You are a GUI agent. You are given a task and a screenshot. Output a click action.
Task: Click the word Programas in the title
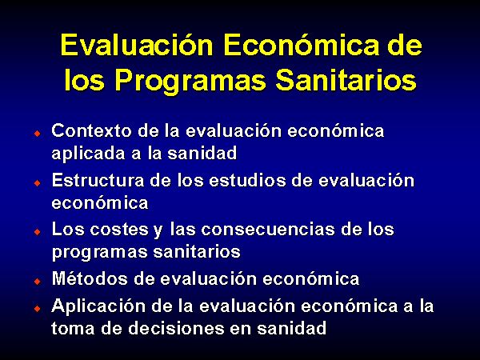[x=190, y=81]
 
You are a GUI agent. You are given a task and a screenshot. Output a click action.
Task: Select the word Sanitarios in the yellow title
[x=346, y=79]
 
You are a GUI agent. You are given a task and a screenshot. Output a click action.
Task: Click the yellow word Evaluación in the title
[x=137, y=45]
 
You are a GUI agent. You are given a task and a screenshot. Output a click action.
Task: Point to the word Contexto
[x=91, y=130]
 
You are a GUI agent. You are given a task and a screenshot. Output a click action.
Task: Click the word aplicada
[x=88, y=154]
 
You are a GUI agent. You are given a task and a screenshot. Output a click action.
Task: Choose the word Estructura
[x=98, y=180]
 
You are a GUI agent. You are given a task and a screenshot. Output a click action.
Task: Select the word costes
[x=119, y=230]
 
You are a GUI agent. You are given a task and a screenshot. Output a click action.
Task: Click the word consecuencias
[x=267, y=230]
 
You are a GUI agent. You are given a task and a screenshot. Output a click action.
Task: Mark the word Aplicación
[x=98, y=306]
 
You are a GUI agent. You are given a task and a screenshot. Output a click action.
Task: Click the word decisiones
[x=176, y=328]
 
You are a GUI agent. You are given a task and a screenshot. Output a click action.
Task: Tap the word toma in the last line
[x=73, y=329]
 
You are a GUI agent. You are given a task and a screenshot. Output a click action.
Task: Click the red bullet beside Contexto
[x=38, y=133]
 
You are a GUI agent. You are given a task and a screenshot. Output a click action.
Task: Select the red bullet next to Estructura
[x=38, y=182]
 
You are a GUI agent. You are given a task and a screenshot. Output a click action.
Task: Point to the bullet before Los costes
[x=38, y=231]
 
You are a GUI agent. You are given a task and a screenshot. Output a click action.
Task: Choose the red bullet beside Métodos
[x=38, y=281]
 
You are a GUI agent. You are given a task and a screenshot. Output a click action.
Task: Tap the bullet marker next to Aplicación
[x=38, y=308]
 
